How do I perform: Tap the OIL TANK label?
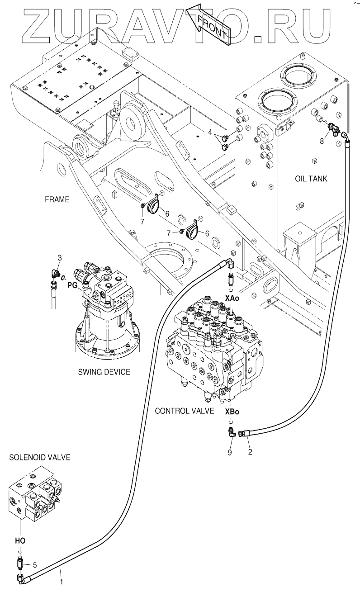tap(311, 179)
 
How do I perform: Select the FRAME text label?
tap(57, 199)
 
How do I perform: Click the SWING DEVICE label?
tap(104, 372)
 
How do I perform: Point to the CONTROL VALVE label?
tap(185, 411)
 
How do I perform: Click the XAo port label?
tap(232, 298)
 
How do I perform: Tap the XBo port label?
tap(232, 412)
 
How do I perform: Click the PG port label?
tap(73, 286)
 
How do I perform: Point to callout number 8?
tap(322, 142)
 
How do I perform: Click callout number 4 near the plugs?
tap(210, 132)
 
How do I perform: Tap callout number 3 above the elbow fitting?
tap(60, 257)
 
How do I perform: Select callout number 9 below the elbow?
tap(230, 453)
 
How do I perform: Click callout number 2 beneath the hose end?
tap(250, 452)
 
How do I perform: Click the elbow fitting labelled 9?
tap(232, 432)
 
